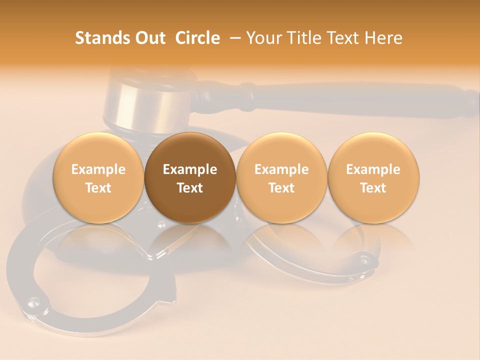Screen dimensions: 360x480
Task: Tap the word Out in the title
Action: tap(148, 38)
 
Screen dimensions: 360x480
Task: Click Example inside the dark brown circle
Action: tap(190, 169)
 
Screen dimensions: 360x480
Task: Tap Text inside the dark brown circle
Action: tap(190, 188)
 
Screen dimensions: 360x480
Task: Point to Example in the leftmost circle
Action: tap(98, 169)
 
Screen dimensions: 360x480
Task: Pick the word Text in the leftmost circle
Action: tap(98, 188)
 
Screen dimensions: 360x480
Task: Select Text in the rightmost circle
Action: tap(373, 188)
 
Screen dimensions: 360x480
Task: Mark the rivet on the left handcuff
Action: tap(33, 301)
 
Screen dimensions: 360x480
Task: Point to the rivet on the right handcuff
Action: tap(364, 259)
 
